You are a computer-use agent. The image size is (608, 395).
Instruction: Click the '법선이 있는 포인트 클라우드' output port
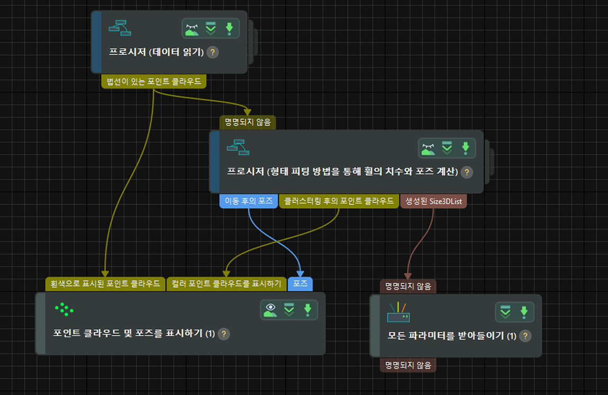click(153, 82)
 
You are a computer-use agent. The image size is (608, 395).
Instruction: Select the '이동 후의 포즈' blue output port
click(248, 201)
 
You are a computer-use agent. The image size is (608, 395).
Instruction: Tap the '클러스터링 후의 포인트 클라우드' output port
click(339, 201)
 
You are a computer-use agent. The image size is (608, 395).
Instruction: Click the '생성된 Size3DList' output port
click(433, 201)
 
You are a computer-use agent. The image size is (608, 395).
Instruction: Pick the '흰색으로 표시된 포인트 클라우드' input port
click(105, 284)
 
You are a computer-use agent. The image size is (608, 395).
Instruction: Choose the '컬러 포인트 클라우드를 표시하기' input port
click(226, 284)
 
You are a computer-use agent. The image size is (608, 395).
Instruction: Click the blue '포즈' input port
click(300, 284)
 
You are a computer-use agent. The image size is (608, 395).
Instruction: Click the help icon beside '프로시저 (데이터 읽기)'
click(212, 52)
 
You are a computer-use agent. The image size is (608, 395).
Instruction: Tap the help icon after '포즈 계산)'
click(467, 173)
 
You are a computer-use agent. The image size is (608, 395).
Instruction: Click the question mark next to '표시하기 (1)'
click(224, 334)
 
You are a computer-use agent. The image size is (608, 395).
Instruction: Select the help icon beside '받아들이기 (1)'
click(525, 336)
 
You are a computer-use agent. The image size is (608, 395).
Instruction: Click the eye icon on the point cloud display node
click(270, 310)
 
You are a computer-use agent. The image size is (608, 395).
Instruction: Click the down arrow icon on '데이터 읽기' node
click(229, 29)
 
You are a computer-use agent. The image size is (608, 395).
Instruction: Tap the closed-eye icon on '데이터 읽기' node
click(192, 29)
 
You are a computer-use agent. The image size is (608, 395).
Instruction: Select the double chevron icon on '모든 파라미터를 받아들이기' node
click(505, 312)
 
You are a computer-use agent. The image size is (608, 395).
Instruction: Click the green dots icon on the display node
click(63, 309)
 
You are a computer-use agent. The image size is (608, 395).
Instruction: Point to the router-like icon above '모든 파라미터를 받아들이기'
click(398, 312)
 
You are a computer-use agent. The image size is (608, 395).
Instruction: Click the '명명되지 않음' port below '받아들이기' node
click(408, 365)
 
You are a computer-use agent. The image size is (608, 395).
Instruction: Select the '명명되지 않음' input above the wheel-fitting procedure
click(248, 122)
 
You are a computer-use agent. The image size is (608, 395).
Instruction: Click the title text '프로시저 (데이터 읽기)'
click(156, 52)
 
